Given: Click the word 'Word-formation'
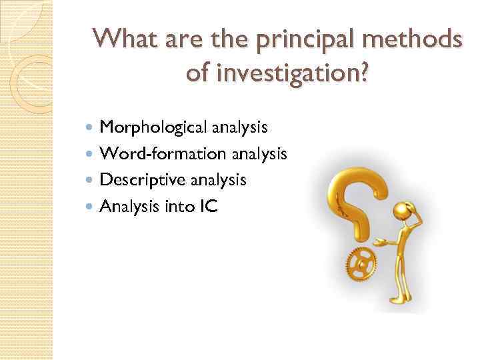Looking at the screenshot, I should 154,153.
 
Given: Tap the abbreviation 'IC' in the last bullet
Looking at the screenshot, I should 207,207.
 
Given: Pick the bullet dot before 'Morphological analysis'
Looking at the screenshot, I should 91,127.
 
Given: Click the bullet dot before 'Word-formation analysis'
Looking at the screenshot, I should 91,153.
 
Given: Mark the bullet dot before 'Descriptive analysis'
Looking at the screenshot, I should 91,180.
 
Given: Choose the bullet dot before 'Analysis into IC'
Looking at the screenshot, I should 91,207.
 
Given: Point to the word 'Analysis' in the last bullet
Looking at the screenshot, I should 126,207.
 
